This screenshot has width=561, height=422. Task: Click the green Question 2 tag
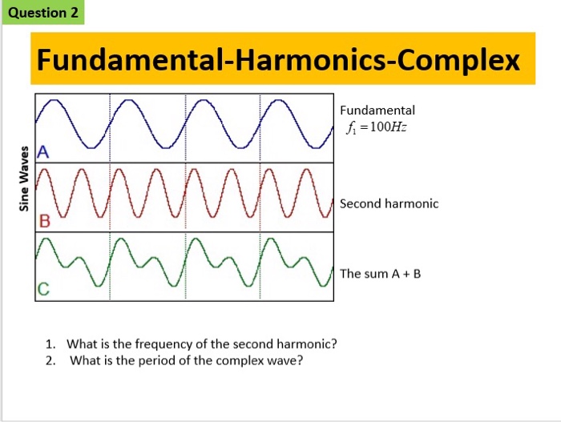point(43,13)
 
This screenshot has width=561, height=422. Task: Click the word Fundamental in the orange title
point(130,59)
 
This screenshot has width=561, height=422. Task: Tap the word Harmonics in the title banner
point(311,59)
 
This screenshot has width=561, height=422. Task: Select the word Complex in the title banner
point(458,61)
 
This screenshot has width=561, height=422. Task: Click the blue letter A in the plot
point(43,152)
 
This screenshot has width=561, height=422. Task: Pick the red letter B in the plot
point(45,221)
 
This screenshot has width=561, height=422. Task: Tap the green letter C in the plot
point(43,289)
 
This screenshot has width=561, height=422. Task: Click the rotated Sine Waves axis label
point(24,179)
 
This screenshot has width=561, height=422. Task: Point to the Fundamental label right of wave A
point(377,111)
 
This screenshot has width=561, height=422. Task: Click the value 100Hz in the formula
point(388,127)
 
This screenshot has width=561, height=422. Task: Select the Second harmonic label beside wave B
point(389,203)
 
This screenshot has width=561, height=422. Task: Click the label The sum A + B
point(381,274)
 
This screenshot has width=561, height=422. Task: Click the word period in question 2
point(157,360)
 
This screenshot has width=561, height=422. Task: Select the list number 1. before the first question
point(50,344)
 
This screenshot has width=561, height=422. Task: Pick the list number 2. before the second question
point(50,360)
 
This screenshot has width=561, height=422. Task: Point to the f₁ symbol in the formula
point(351,127)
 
